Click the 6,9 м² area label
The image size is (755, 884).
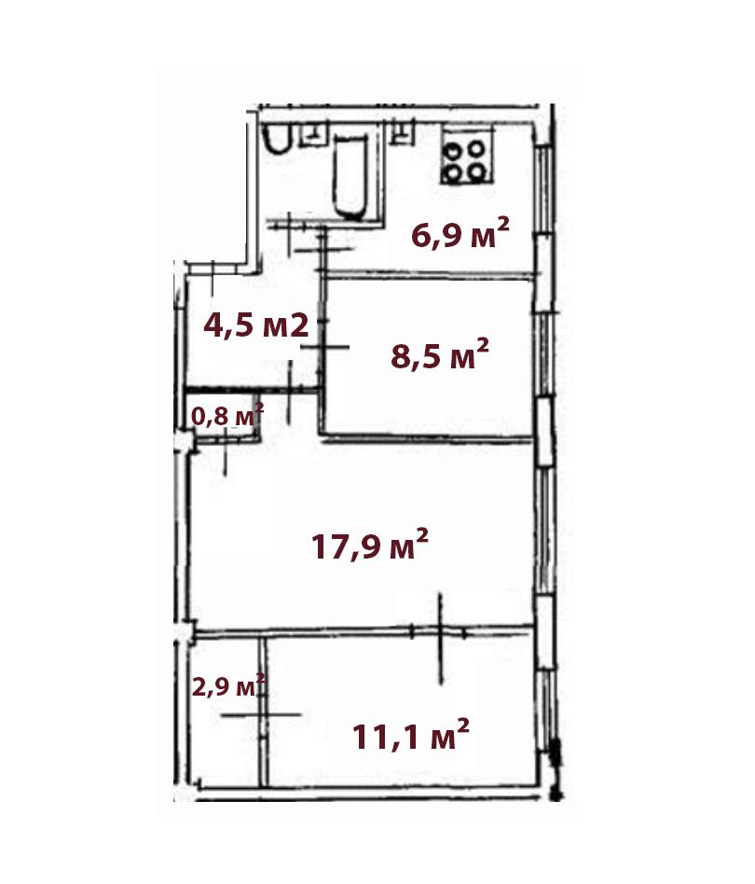pyautogui.click(x=460, y=234)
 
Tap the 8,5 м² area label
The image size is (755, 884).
pyautogui.click(x=439, y=354)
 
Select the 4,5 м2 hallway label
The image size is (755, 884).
pyautogui.click(x=256, y=325)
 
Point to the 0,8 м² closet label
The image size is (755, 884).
pyautogui.click(x=227, y=416)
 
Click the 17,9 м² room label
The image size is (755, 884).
pyautogui.click(x=370, y=546)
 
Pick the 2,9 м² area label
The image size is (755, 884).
pyautogui.click(x=228, y=686)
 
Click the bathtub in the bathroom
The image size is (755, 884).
pyautogui.click(x=351, y=176)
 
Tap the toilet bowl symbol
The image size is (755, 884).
pyautogui.click(x=278, y=138)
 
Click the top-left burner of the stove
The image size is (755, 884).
pyautogui.click(x=452, y=150)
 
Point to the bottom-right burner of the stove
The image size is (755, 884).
pyautogui.click(x=477, y=171)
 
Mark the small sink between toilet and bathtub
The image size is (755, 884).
pyautogui.click(x=313, y=134)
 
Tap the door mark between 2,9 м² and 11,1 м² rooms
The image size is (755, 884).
pyautogui.click(x=261, y=715)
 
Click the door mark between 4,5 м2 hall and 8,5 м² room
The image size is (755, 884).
pyautogui.click(x=324, y=347)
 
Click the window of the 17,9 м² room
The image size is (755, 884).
pyautogui.click(x=543, y=532)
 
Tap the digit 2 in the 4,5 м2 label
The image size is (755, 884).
pyautogui.click(x=300, y=325)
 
